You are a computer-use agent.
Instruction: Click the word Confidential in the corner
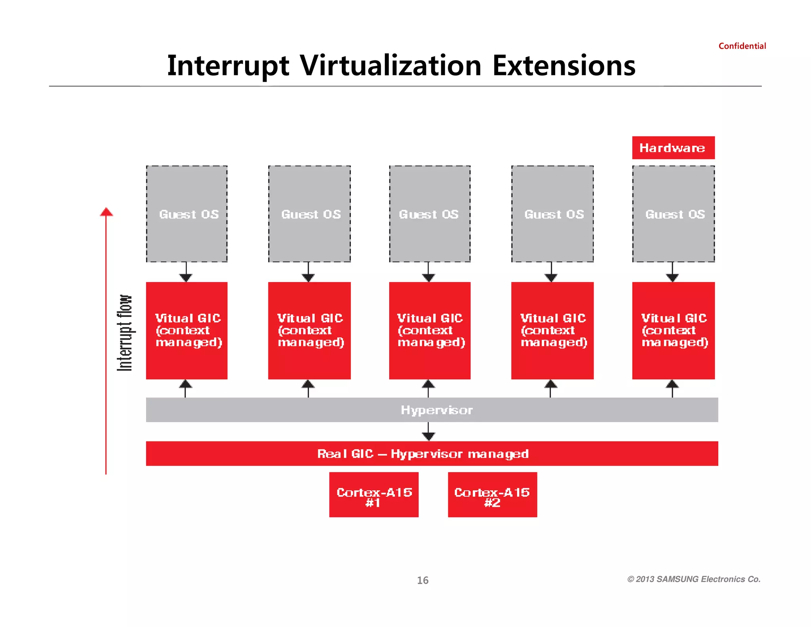tap(742, 46)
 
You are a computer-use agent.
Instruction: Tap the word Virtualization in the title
tap(390, 65)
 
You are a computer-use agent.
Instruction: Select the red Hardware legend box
tap(673, 148)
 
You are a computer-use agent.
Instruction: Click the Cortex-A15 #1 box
tap(373, 495)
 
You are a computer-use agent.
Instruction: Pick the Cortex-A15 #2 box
tap(492, 495)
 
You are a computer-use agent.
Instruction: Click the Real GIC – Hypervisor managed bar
tap(432, 453)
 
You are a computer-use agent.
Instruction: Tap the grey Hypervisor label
tap(437, 410)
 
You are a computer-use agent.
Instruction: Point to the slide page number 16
tap(423, 580)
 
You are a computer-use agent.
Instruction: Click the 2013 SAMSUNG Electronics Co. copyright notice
tap(694, 579)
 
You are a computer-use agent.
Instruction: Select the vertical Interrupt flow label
tap(125, 333)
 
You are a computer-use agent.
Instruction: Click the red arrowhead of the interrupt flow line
tap(106, 212)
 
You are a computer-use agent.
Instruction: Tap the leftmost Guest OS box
tap(187, 214)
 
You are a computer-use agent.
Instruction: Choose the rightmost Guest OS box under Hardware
tap(673, 214)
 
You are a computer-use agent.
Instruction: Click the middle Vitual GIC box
tap(430, 331)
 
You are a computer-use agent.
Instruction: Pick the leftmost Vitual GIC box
tap(187, 331)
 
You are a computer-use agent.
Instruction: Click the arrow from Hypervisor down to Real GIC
tap(428, 432)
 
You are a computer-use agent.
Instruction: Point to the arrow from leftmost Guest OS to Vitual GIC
tap(186, 273)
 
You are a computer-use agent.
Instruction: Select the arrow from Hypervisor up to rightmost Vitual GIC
tap(672, 388)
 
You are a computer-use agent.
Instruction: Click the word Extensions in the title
tap(564, 65)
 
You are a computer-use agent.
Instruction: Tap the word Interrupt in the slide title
tap(228, 65)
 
